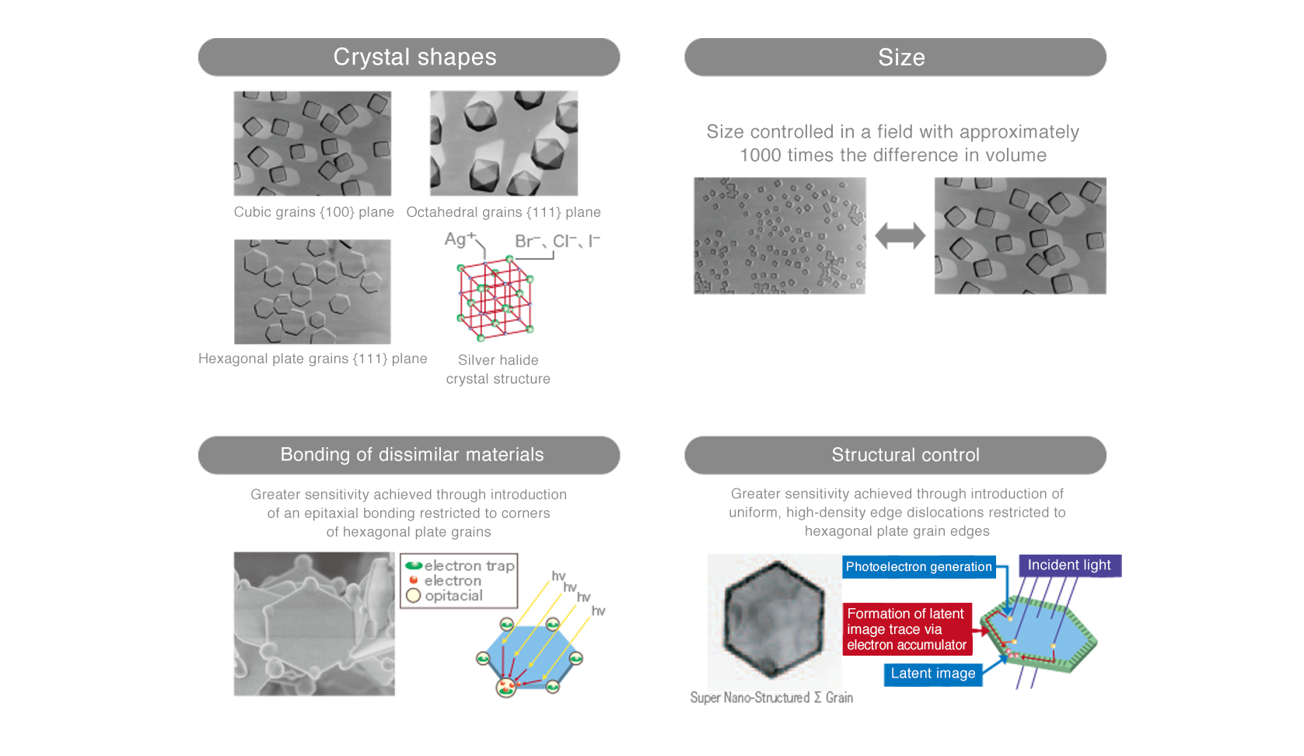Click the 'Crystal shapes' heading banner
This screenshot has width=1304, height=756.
[409, 57]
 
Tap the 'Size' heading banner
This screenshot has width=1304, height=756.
[895, 57]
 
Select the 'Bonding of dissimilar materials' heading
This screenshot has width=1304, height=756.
[409, 455]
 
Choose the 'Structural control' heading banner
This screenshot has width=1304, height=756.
[895, 455]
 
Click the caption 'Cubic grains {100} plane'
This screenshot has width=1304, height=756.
[314, 212]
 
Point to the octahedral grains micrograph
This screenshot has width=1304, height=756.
[504, 143]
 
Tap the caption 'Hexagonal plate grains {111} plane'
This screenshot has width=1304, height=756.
[313, 359]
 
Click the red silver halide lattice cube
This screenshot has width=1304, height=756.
[495, 298]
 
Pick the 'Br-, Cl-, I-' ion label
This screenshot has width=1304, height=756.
[557, 241]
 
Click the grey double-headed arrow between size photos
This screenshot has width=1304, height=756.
[900, 236]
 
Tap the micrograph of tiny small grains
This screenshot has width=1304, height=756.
[779, 236]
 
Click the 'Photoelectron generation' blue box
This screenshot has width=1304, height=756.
[918, 567]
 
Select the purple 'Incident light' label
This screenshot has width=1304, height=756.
[1070, 565]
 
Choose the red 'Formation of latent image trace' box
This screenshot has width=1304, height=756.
[907, 629]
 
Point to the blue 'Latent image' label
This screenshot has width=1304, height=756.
[933, 674]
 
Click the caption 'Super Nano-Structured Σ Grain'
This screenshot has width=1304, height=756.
[771, 698]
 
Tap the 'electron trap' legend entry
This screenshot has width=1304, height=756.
[460, 565]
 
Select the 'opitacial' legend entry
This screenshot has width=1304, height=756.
[445, 596]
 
